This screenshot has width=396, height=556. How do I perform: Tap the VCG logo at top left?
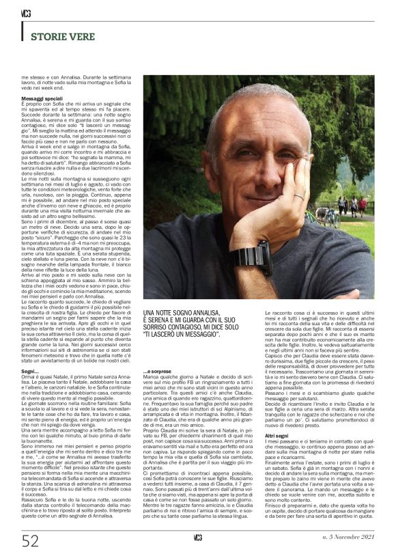tap(26, 12)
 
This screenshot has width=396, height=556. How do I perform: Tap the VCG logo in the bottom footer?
tap(198, 538)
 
